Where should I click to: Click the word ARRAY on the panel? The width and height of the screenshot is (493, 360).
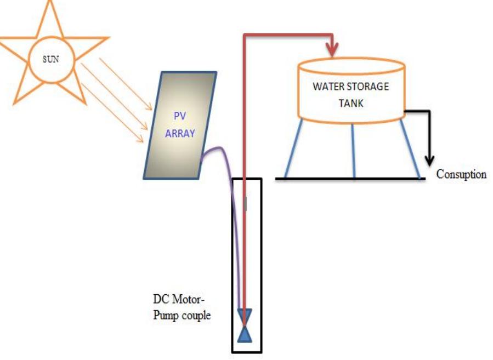[180, 133]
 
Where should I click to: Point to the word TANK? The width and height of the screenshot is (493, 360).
[351, 102]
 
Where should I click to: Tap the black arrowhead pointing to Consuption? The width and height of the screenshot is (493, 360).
[430, 161]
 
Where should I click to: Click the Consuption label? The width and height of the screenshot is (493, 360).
[461, 175]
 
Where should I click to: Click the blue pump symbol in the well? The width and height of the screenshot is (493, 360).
[244, 325]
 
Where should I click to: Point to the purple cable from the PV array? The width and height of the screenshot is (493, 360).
[230, 181]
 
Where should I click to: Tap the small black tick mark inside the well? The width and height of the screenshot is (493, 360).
[245, 203]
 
